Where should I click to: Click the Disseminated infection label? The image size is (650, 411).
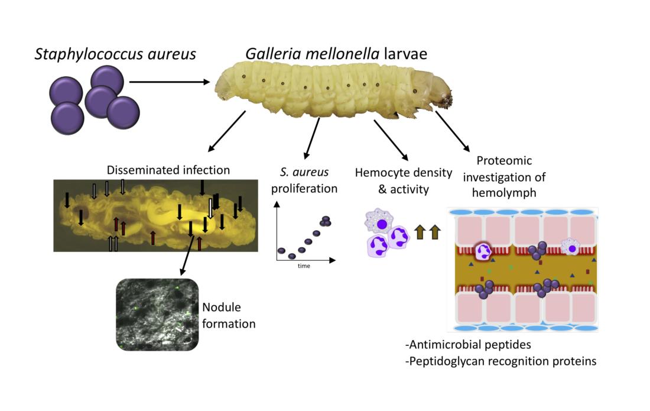click(168, 170)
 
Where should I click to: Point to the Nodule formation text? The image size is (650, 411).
click(229, 315)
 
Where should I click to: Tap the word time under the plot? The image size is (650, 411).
click(304, 266)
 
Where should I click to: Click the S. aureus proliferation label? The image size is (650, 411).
click(304, 180)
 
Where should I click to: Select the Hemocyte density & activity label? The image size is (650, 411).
click(395, 180)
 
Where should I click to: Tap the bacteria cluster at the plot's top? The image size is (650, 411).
click(324, 221)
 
